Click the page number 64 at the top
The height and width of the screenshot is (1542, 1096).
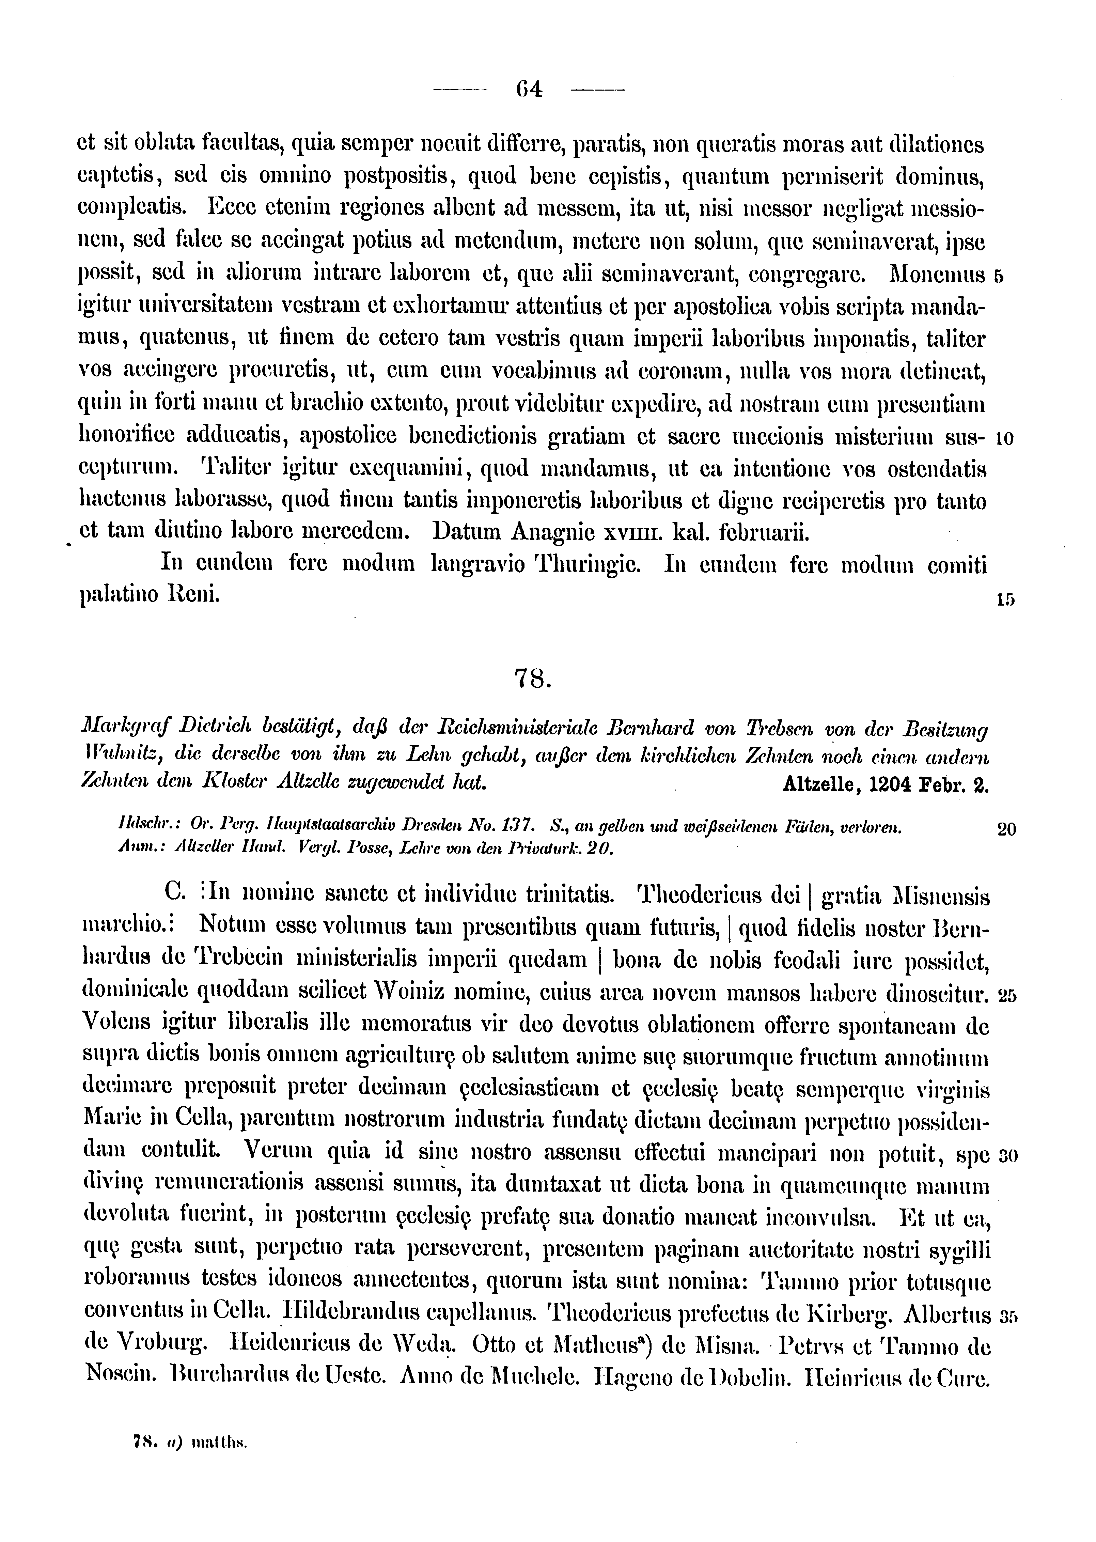click(529, 89)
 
